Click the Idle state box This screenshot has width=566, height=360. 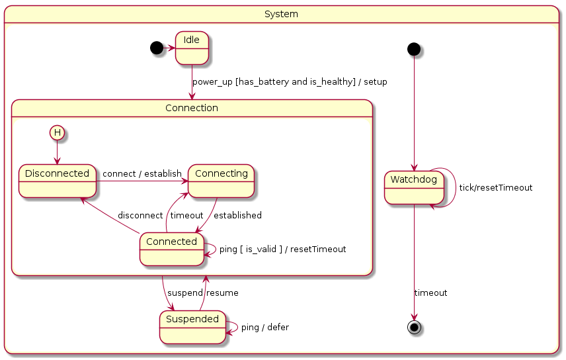tap(192, 48)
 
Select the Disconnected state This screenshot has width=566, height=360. tap(57, 181)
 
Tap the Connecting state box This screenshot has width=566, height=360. tap(221, 181)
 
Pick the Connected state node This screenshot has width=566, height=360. tap(171, 249)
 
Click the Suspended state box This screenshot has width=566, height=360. tap(192, 327)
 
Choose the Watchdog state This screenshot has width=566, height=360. tap(414, 187)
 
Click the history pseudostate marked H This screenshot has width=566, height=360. tap(58, 132)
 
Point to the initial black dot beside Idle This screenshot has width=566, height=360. tap(156, 48)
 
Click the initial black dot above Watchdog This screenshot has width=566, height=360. tap(414, 48)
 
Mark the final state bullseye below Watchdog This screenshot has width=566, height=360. tap(415, 327)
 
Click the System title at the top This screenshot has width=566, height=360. tap(281, 14)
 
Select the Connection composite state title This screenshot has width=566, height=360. tap(192, 108)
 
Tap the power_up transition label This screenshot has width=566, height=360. tap(290, 82)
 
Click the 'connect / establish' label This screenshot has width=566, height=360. tap(142, 173)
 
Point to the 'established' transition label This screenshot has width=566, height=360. tap(237, 215)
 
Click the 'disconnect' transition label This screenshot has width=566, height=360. tap(140, 215)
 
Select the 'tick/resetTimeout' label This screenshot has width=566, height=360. tap(495, 187)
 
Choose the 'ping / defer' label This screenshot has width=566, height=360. tap(264, 327)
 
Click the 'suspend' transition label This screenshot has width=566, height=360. tap(184, 292)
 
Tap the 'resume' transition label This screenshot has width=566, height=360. tap(222, 292)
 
